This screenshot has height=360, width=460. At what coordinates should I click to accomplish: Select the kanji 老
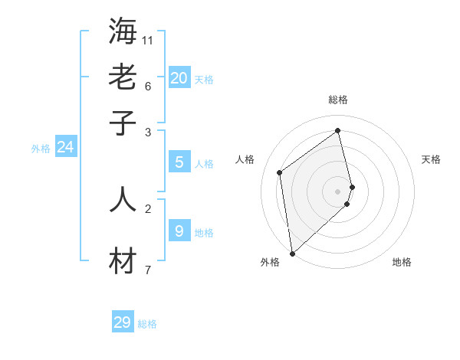click(x=123, y=77)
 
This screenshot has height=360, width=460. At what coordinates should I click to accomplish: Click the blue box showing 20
click(x=179, y=77)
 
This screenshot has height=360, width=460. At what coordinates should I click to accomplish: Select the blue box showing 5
click(x=179, y=162)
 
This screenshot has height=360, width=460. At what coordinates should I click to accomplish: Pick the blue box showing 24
click(x=65, y=147)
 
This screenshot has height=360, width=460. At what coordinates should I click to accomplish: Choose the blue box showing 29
click(x=123, y=322)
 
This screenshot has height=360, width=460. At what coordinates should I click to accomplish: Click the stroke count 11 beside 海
click(x=148, y=38)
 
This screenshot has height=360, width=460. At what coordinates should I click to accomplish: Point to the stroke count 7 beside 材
click(x=147, y=269)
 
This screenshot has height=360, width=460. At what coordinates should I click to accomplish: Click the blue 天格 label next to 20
click(x=204, y=80)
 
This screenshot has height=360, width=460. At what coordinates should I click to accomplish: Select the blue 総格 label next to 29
click(x=147, y=325)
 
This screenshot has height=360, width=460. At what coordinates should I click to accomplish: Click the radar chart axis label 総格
click(x=338, y=100)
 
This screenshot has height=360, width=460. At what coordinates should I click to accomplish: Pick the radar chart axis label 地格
click(x=402, y=262)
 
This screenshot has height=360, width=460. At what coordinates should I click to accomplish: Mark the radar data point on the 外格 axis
click(x=292, y=254)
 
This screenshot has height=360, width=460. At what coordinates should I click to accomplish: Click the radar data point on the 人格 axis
click(x=280, y=172)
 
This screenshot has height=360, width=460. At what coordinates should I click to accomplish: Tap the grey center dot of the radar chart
click(x=338, y=191)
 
